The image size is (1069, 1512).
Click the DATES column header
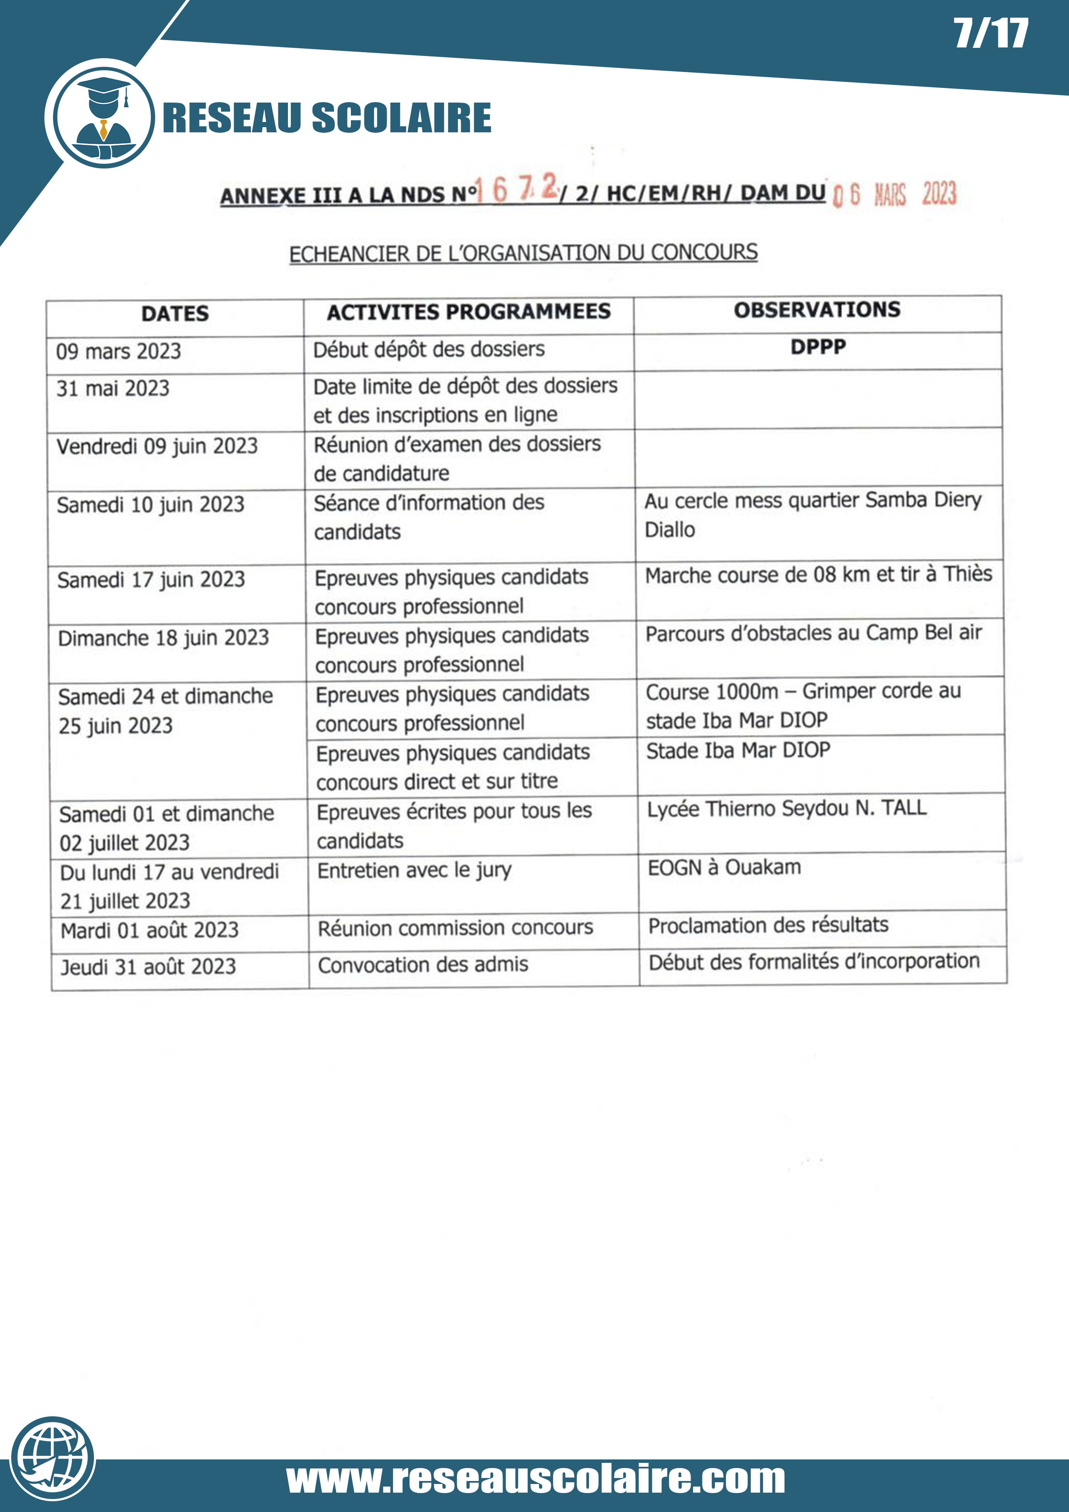[175, 313]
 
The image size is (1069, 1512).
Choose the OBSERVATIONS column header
[817, 309]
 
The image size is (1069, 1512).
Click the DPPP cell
[818, 347]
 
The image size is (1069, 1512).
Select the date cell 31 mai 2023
[113, 388]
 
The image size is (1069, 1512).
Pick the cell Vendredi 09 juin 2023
[157, 447]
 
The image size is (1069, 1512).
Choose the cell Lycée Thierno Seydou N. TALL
[786, 809]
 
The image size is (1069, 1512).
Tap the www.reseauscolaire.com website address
[535, 1479]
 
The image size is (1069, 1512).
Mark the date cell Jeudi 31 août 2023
[148, 967]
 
